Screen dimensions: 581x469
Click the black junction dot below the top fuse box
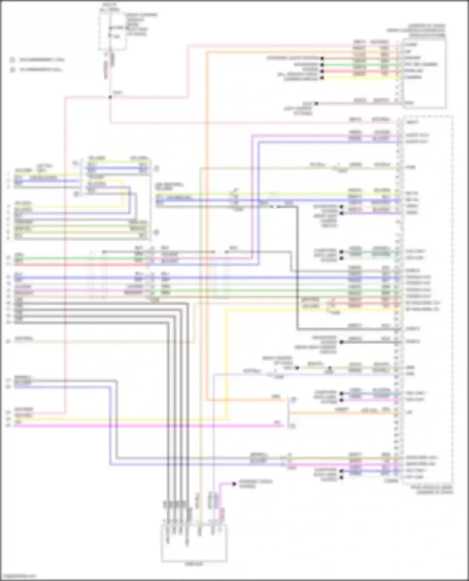pos(110,97)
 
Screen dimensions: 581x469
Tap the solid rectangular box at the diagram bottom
pos(194,543)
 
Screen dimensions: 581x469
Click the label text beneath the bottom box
pos(194,564)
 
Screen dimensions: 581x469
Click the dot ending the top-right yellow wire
pos(322,78)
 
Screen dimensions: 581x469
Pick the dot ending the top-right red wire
pos(322,71)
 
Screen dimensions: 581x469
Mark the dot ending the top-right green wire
pos(322,65)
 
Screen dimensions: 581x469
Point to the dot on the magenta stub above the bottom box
pos(234,484)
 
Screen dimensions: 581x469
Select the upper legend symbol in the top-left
pos(13,60)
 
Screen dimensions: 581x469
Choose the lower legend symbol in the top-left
pos(13,70)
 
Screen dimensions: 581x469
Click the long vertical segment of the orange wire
pos(207,219)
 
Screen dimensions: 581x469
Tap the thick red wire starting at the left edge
pos(78,265)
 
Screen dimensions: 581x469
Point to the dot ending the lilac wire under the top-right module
pos(316,103)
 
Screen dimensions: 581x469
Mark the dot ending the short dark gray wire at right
pos(341,342)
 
